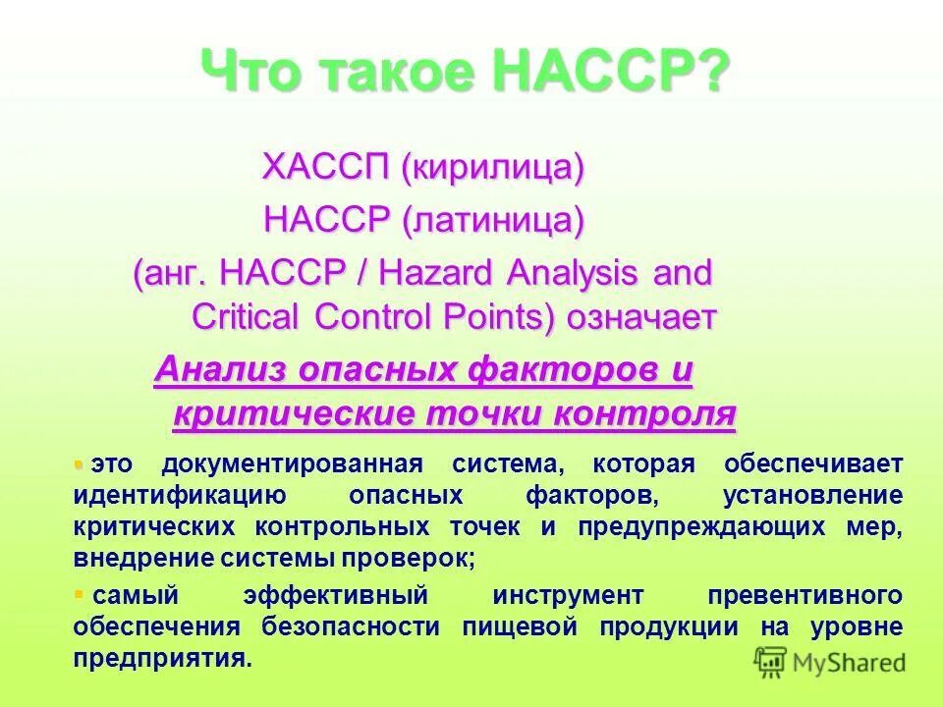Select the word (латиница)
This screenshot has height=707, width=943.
[493, 221]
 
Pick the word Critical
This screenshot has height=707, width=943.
[249, 317]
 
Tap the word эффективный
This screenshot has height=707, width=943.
[335, 595]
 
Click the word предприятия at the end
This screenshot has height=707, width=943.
[162, 658]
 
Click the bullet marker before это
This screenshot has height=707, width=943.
[79, 462]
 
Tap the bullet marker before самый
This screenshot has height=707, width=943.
[79, 594]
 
